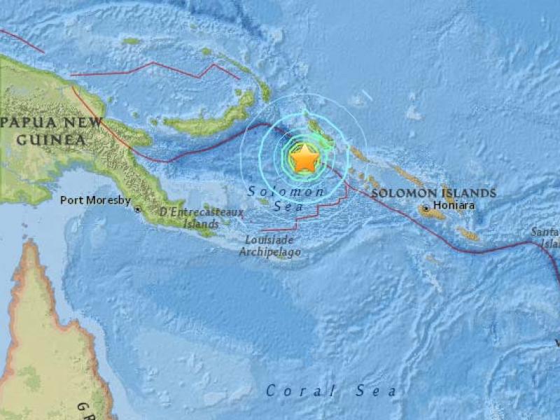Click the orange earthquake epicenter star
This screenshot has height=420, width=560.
pyautogui.click(x=304, y=159)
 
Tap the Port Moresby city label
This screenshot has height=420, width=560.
pyautogui.click(x=95, y=200)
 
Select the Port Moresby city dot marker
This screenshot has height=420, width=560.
pyautogui.click(x=138, y=209)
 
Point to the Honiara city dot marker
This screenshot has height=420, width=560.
pyautogui.click(x=425, y=208)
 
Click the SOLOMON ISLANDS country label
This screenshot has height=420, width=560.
pyautogui.click(x=433, y=192)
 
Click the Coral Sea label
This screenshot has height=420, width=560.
pyautogui.click(x=331, y=391)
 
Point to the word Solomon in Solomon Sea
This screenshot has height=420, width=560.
pyautogui.click(x=286, y=191)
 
